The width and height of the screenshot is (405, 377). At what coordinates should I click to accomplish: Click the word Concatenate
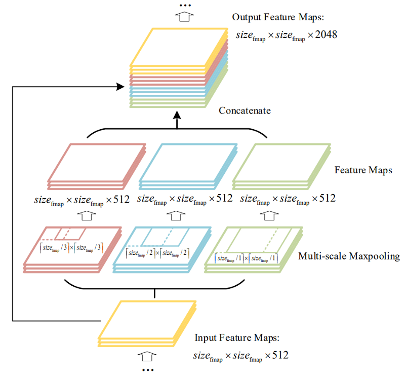(x=245, y=110)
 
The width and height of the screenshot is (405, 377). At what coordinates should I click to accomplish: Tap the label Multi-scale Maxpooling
(x=349, y=256)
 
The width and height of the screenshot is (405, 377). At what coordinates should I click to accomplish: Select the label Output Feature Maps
(x=277, y=17)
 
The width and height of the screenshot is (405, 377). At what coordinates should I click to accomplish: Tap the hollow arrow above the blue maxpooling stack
(x=175, y=215)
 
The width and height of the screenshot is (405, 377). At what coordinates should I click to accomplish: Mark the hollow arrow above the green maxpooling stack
(x=268, y=215)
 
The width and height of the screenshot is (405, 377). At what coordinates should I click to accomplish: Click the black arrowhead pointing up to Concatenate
(x=177, y=121)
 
